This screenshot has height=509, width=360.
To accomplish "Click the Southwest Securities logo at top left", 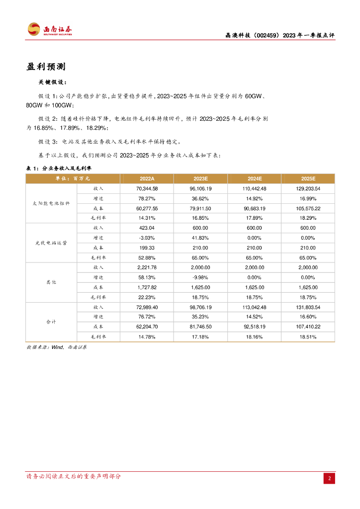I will click(49, 29).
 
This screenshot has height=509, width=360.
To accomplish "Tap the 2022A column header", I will click(147, 178).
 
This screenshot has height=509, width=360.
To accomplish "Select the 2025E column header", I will click(308, 178).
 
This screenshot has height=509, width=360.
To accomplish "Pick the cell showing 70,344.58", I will click(147, 189).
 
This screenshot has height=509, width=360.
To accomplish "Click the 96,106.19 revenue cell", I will click(200, 189).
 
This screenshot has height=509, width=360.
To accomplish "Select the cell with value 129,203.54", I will click(308, 189).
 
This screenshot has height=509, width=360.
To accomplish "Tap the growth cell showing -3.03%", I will click(147, 238).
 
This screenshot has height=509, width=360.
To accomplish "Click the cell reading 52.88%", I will click(147, 257).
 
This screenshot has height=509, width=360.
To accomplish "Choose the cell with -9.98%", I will click(200, 277).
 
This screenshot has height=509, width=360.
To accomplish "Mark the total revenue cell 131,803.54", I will click(308, 307).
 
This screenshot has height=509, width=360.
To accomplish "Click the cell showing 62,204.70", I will click(147, 327).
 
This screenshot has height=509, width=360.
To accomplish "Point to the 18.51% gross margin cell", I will click(308, 337).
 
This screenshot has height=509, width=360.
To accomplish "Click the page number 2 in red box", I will click(329, 478).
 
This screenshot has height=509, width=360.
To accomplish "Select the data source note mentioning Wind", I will click(56, 347).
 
